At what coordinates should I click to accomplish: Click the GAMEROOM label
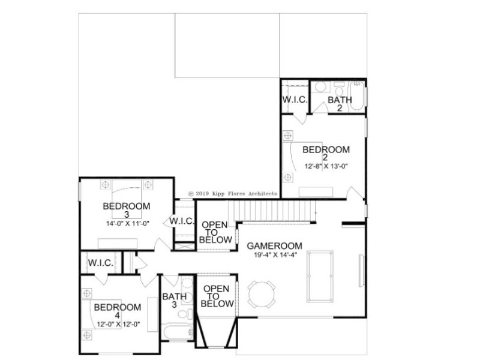coord(274,246)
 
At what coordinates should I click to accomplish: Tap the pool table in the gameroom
coord(320,276)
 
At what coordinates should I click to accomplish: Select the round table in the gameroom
coord(262,295)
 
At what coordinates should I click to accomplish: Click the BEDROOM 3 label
coord(127,209)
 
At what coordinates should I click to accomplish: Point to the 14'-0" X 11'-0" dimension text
coord(127,223)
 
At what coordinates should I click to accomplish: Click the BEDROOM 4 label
coord(117,311)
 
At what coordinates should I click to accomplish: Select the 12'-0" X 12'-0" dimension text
coord(118,324)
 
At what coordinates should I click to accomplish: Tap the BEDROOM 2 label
coord(326,154)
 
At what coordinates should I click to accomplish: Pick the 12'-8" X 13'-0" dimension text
coord(326,166)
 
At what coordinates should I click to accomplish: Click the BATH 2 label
coord(340,103)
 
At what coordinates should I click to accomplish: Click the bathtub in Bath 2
coord(357,95)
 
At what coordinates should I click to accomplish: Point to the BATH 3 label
coord(174,301)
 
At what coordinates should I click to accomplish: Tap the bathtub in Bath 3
coord(177,332)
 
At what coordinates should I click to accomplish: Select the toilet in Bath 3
coord(185,314)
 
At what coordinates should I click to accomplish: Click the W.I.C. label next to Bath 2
coord(295,100)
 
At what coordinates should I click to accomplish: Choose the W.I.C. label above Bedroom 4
coord(101,263)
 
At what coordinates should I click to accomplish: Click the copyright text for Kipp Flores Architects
coord(233,193)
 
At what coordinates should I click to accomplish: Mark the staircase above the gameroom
coord(272,211)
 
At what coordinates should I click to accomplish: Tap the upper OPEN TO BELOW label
coord(215,232)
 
